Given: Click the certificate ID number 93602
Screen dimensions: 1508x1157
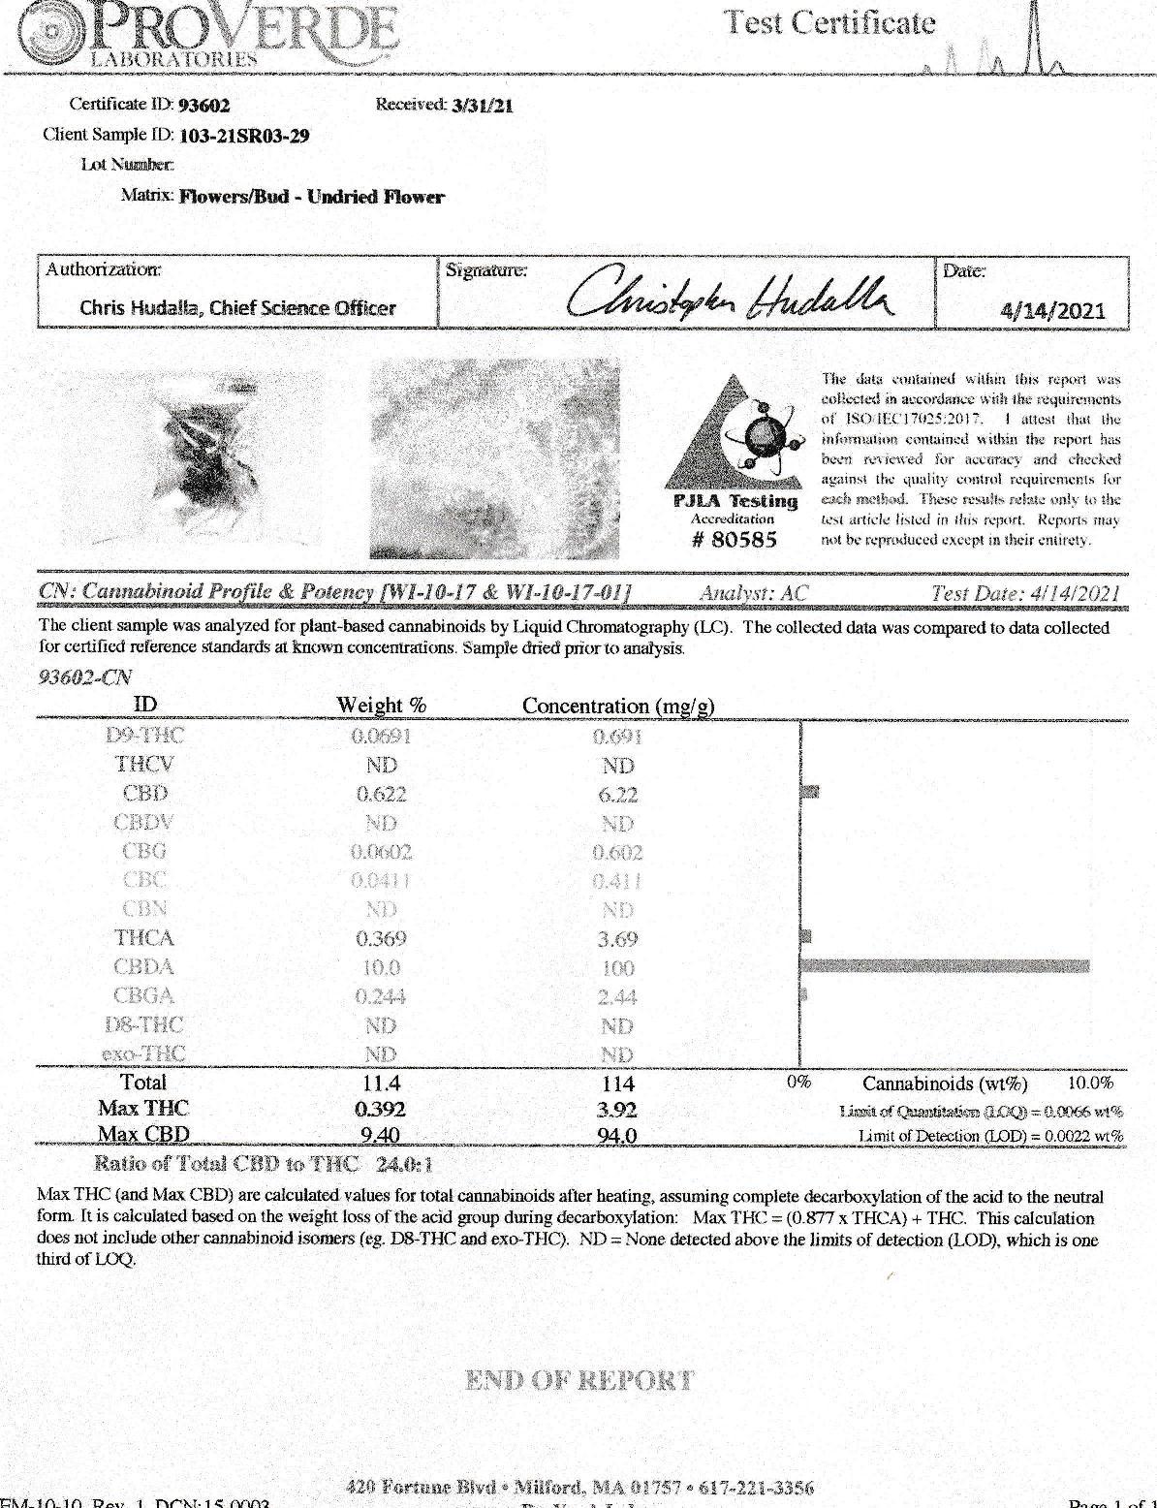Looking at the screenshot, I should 204,106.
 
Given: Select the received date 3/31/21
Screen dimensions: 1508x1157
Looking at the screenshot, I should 483,106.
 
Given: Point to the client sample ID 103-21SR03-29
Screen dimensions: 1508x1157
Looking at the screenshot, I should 245,136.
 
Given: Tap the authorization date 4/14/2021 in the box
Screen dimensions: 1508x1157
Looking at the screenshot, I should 1052,310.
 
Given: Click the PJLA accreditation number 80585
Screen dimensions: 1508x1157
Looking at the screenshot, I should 735,540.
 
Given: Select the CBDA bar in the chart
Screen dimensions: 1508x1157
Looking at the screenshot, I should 946,966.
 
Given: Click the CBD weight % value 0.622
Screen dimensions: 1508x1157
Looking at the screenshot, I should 381,795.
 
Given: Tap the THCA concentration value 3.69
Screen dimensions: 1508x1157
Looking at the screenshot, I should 617,939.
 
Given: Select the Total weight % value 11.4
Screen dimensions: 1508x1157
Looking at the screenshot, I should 380,1084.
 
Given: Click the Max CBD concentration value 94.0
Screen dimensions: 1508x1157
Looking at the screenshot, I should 617,1136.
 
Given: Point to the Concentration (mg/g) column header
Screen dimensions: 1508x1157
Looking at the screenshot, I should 618,706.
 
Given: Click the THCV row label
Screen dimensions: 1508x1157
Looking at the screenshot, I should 144,765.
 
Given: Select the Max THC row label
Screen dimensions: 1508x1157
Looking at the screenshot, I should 143,1109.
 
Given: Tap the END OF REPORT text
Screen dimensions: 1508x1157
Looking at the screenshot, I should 579,1380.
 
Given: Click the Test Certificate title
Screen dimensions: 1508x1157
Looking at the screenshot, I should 831,23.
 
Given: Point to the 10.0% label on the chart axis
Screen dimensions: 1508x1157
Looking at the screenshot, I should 1090,1084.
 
